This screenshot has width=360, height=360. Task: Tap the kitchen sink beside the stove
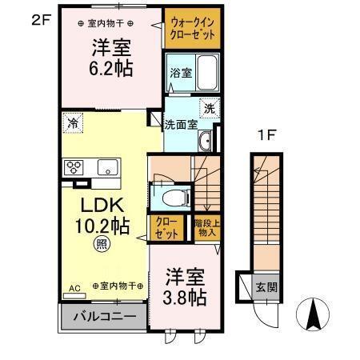(106, 167)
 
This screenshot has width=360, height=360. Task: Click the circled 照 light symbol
(102, 243)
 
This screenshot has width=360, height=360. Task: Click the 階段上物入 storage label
(206, 228)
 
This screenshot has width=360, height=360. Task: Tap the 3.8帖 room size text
(185, 298)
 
